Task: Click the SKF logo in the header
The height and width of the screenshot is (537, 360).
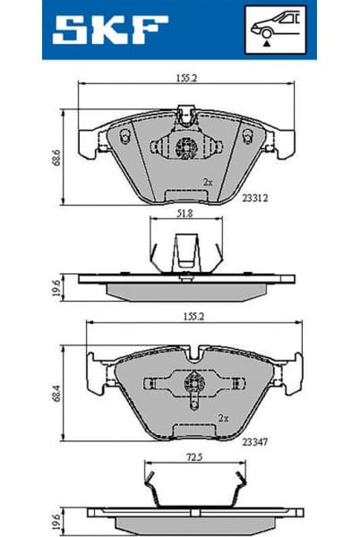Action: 109,29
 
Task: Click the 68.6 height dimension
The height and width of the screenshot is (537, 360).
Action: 56,158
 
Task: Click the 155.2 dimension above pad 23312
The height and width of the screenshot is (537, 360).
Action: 185,78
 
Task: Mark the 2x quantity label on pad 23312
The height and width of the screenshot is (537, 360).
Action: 208,182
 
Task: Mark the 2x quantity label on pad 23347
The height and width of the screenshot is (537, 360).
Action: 224,417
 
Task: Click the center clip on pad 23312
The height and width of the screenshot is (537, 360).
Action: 186,147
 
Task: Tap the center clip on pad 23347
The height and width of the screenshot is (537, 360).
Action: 193,383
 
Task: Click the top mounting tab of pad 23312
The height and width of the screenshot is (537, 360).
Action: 186,115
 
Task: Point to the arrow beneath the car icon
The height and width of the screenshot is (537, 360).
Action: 267,40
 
